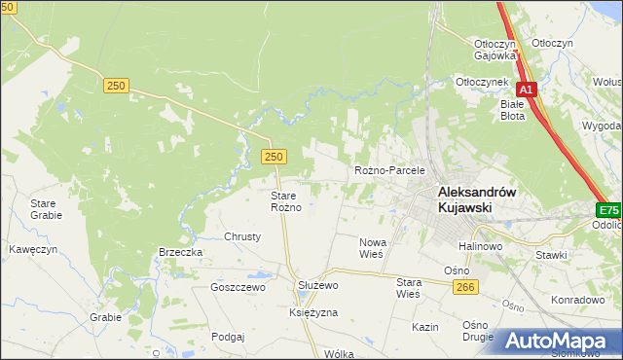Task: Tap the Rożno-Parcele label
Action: tap(390, 170)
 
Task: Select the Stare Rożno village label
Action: tap(288, 201)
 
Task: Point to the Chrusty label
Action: tap(243, 236)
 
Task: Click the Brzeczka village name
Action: tap(180, 252)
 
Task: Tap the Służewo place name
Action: tap(316, 285)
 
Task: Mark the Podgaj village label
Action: tap(227, 336)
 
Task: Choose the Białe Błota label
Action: tap(512, 109)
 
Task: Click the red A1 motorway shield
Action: tap(527, 90)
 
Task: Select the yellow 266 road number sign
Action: tap(464, 285)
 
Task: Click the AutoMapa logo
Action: tap(560, 341)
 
